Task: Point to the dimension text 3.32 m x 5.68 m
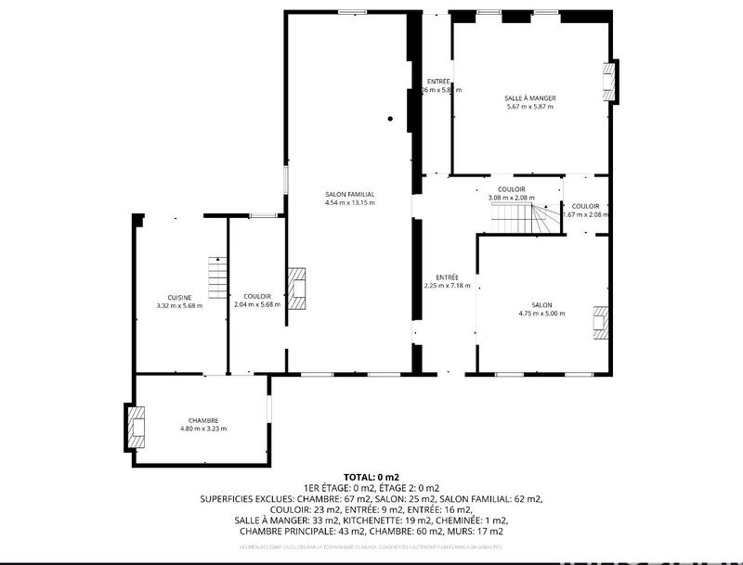[x=179, y=305]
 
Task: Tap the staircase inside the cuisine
[x=216, y=275]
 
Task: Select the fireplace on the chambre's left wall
[x=137, y=425]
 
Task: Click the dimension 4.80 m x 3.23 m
[x=203, y=429]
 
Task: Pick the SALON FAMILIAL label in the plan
[x=349, y=194]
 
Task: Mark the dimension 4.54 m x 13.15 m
[x=349, y=202]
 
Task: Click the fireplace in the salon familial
[x=297, y=288]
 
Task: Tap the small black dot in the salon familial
[x=391, y=118]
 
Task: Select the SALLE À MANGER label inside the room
[x=529, y=97]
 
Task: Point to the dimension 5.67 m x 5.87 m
[x=529, y=107]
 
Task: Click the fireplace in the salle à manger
[x=610, y=82]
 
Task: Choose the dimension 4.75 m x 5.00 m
[x=541, y=314]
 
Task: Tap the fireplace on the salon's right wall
[x=602, y=324]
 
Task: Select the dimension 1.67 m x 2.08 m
[x=586, y=214]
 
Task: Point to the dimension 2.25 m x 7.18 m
[x=448, y=286]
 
